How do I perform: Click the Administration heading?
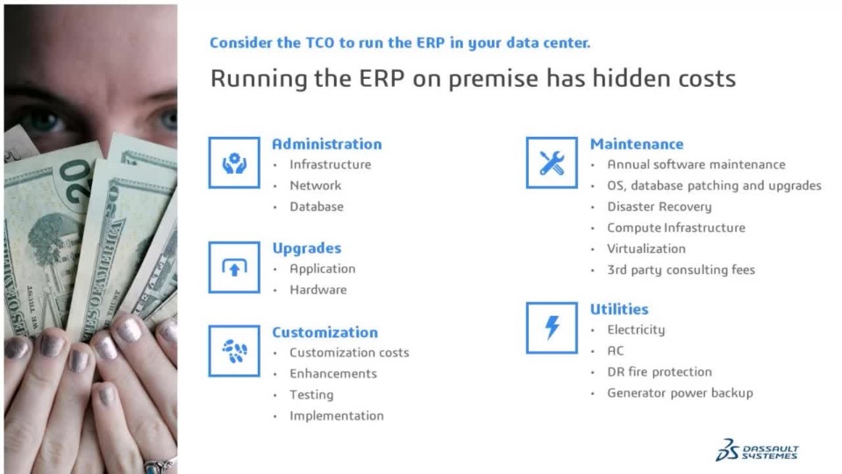[326, 144]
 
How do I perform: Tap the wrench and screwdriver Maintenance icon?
[552, 163]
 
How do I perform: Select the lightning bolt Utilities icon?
[552, 327]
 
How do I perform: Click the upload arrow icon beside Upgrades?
[234, 267]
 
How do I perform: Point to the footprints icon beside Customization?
[234, 351]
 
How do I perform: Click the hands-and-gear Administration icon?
[234, 163]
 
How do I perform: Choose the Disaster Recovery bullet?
[660, 207]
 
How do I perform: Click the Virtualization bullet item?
[646, 248]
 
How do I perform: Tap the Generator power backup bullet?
[680, 393]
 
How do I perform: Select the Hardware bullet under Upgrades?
[318, 290]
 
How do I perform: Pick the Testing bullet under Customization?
[311, 395]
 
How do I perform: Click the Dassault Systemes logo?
[757, 450]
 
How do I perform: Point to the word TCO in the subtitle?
[320, 43]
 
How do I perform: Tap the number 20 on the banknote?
[76, 181]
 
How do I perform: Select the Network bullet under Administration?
[315, 185]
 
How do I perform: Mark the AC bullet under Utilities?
[616, 351]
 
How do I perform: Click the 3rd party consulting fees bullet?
[681, 269]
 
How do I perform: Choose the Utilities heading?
[619, 309]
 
